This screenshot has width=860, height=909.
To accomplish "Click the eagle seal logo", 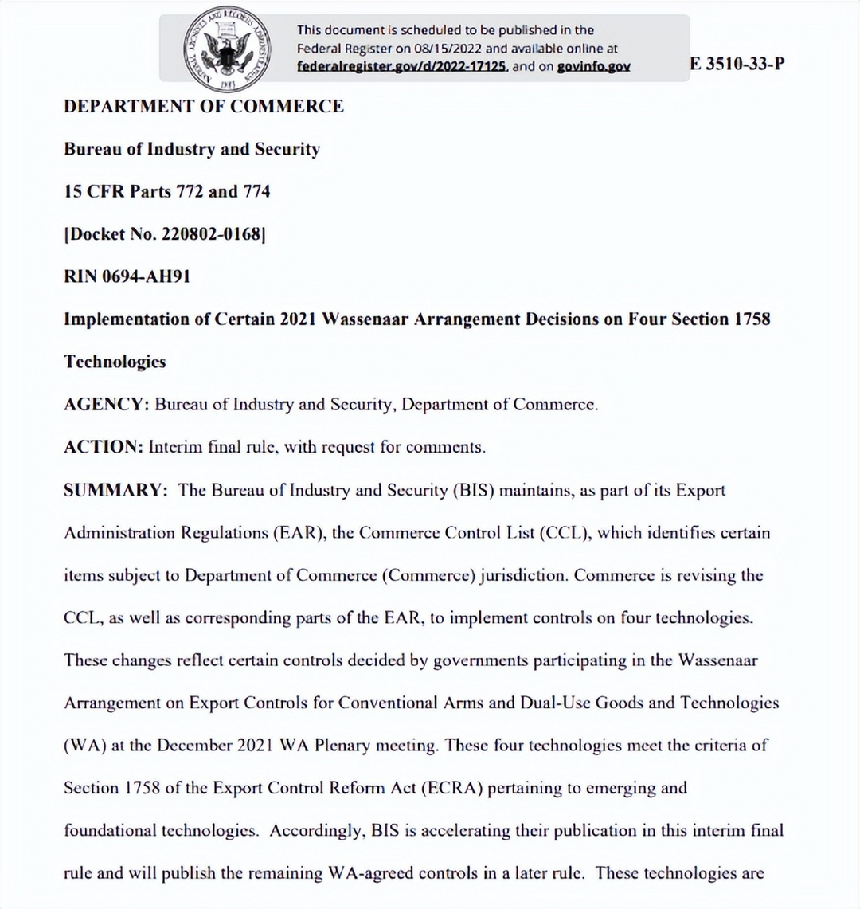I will point(225,48).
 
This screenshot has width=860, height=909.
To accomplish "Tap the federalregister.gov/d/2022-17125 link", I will point(402,67).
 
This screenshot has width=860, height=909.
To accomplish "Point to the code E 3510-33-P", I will point(737,64).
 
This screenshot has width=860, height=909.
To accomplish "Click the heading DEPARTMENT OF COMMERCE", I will point(204,107).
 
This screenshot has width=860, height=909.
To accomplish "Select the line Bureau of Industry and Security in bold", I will point(192,149).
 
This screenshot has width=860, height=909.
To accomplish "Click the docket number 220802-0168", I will point(211,234).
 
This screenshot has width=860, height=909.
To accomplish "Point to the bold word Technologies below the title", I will point(115,362).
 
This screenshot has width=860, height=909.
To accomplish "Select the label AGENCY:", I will point(107,404).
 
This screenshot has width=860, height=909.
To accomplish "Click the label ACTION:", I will point(104,447).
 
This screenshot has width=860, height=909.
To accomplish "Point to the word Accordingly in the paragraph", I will point(317,830).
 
